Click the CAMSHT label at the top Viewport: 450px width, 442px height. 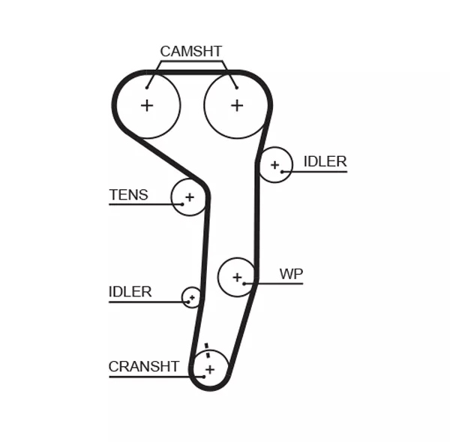tap(190, 52)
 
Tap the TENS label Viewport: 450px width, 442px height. tap(128, 194)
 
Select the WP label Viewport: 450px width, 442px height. tap(291, 274)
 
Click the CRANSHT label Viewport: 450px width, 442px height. tap(144, 366)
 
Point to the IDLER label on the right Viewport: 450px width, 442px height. tap(325, 161)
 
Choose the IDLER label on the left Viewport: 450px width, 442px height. tap(130, 292)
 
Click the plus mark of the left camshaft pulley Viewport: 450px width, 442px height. tap(147, 105)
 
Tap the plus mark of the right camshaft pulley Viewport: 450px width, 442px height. tap(237, 105)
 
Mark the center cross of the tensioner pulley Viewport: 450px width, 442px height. tap(190, 197)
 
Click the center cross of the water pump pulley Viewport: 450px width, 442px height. tap(237, 278)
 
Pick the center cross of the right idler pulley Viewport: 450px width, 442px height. tap(275, 165)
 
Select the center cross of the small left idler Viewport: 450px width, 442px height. tap(192, 297)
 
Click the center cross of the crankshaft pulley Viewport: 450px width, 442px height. tap(210, 369)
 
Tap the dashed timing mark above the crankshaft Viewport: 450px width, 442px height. tap(207, 350)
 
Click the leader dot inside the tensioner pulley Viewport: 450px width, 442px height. tap(182, 204)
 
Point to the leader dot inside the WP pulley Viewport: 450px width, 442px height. tap(244, 284)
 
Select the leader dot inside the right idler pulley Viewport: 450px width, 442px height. tap(282, 172)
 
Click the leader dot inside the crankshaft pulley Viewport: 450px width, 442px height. tap(204, 377)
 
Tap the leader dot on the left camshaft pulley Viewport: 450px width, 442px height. tap(147, 88)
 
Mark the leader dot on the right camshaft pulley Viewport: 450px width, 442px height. tap(237, 88)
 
